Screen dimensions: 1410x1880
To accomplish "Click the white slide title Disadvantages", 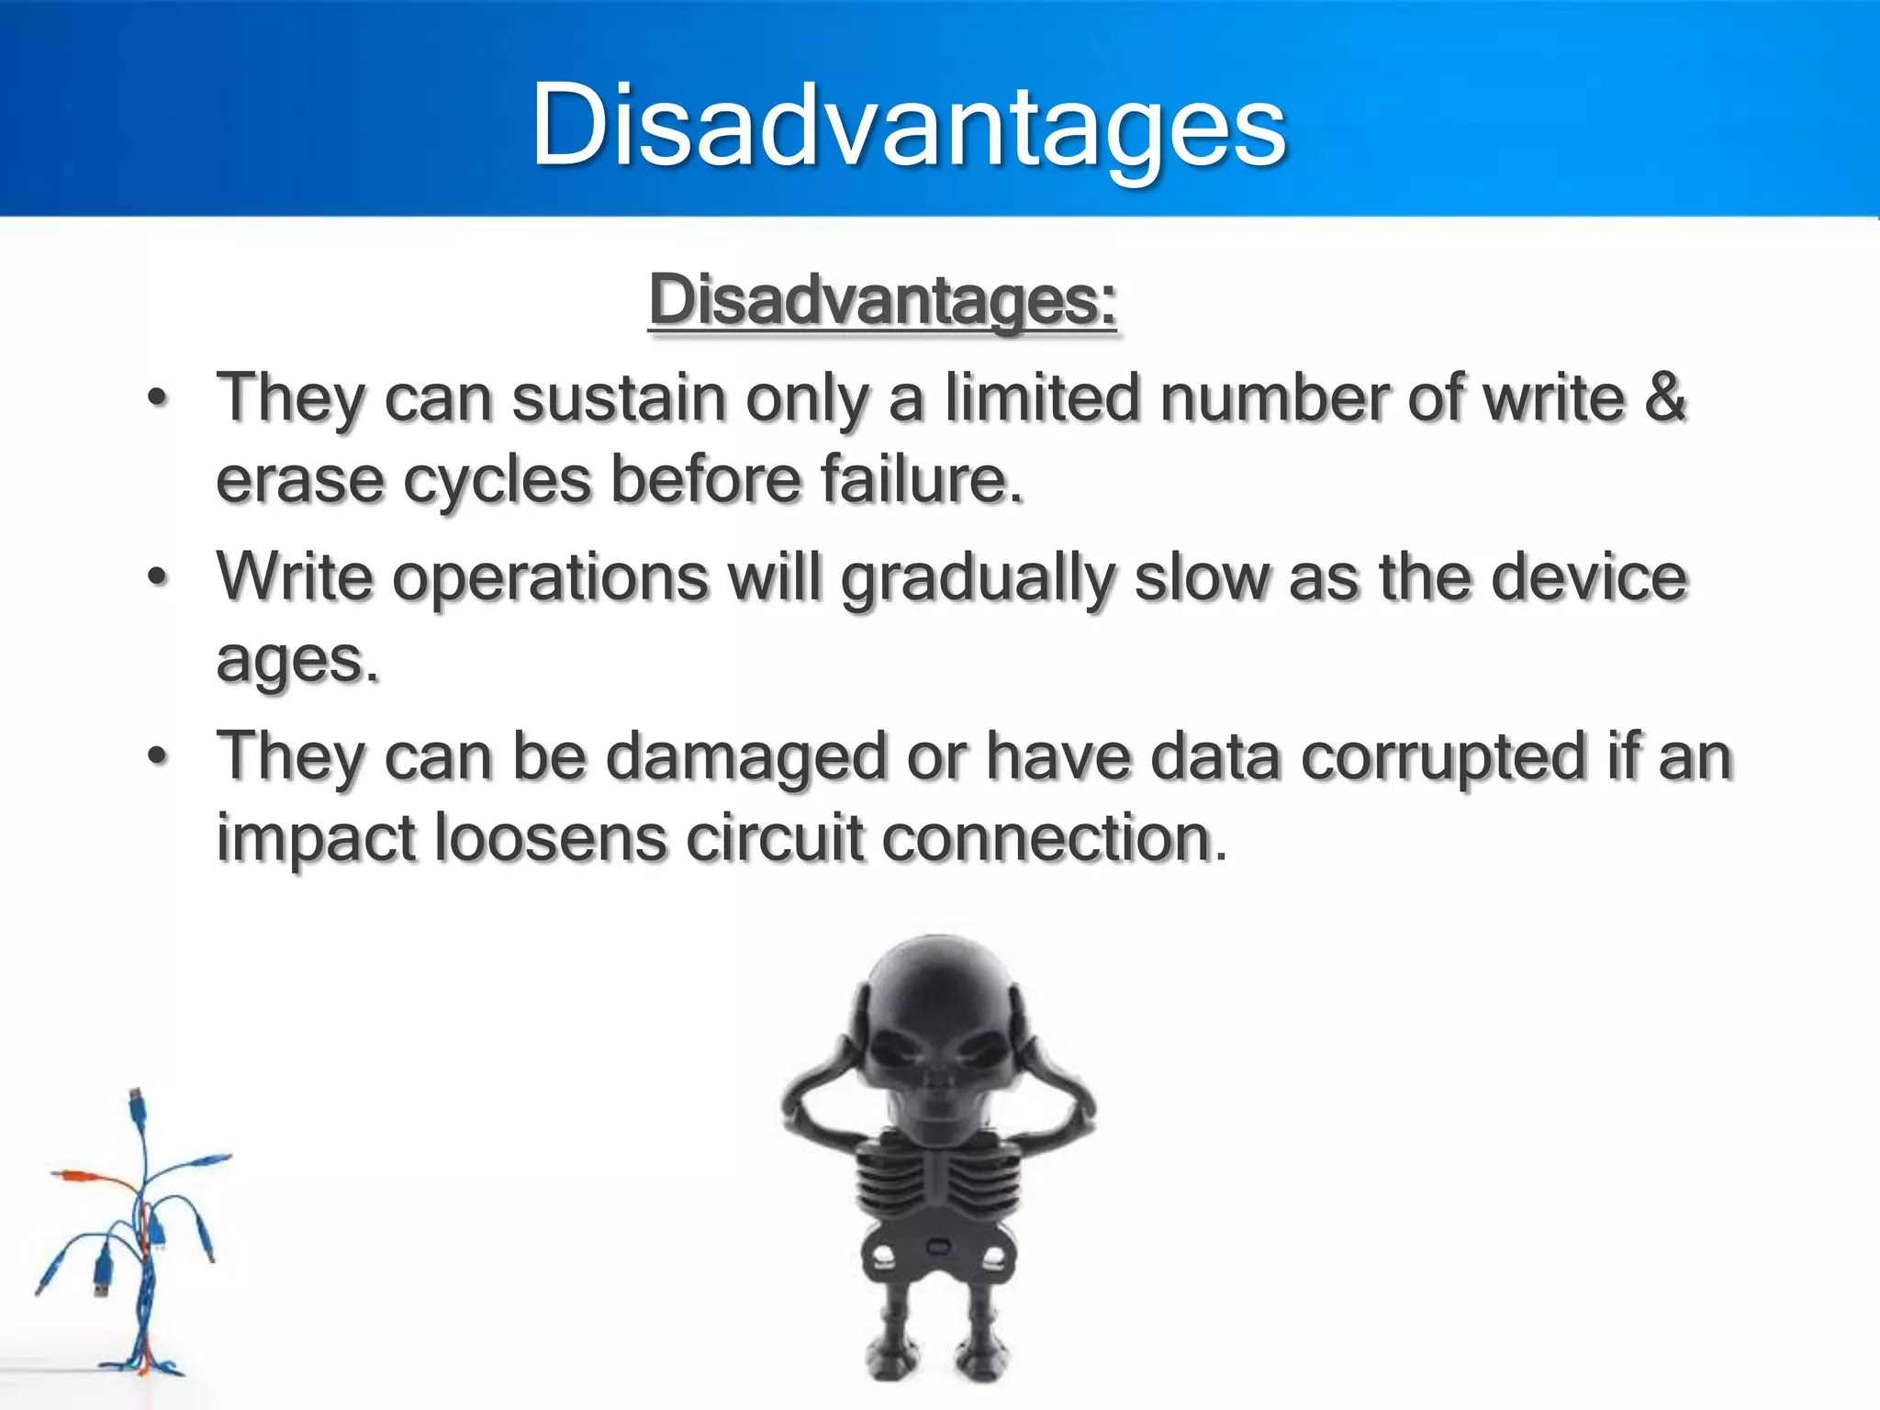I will [x=909, y=126].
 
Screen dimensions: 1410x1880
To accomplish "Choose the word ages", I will [x=297, y=661].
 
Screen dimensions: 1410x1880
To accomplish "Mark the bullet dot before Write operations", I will [x=159, y=578].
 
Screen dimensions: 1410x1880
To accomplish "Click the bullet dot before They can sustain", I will [x=159, y=399].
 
